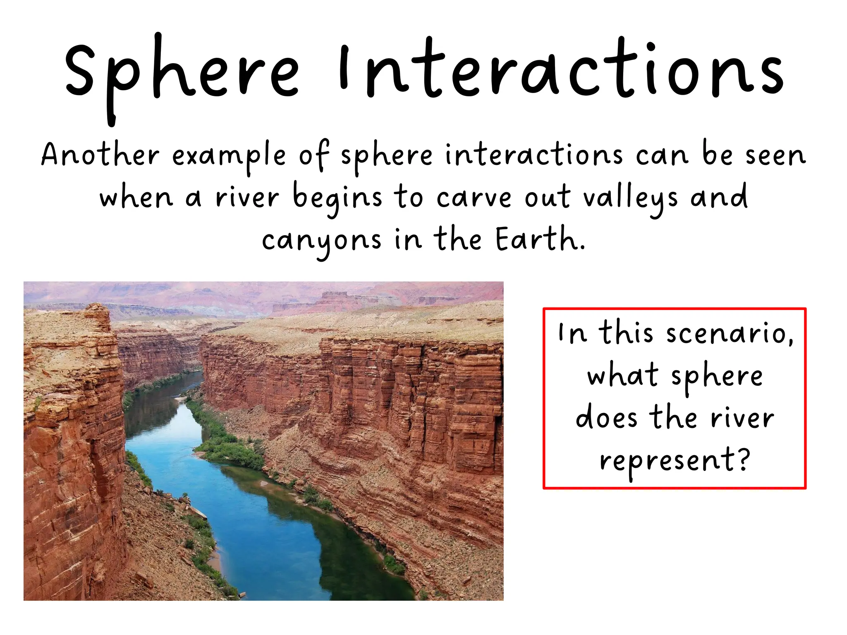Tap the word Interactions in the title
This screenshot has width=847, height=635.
[x=560, y=70]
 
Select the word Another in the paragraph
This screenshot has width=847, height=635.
[x=100, y=155]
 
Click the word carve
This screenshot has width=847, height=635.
[x=474, y=198]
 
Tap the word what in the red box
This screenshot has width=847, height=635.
[x=622, y=375]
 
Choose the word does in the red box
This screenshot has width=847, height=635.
[x=606, y=418]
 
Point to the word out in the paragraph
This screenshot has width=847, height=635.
[x=547, y=198]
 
